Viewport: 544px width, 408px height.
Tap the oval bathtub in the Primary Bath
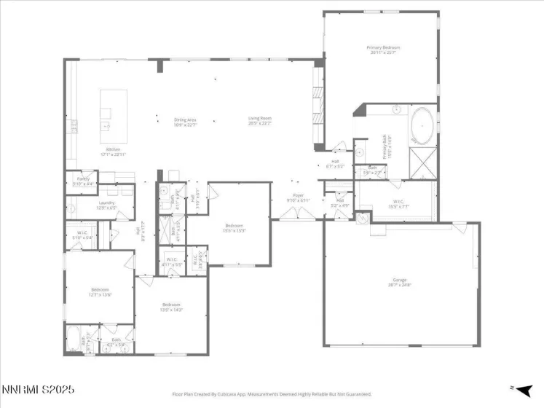[422, 126]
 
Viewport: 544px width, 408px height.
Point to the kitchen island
[112, 114]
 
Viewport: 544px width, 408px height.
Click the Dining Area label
[184, 121]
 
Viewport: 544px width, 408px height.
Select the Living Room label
[259, 121]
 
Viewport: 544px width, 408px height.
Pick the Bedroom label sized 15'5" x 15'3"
[234, 227]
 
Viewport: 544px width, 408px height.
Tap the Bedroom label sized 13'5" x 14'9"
[171, 306]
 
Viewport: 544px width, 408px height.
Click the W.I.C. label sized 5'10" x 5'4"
[82, 235]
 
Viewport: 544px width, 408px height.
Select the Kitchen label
[113, 151]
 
